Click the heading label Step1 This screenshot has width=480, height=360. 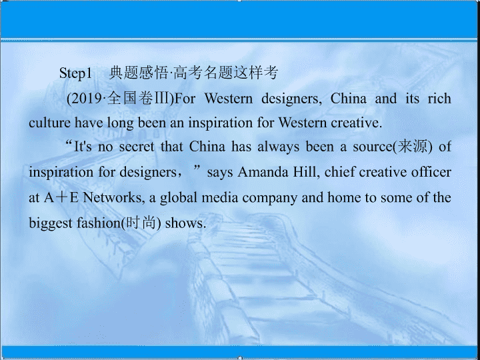click(75, 74)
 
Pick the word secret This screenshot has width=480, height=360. click(137, 147)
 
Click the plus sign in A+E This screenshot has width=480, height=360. click(63, 198)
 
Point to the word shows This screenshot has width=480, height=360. click(184, 223)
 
